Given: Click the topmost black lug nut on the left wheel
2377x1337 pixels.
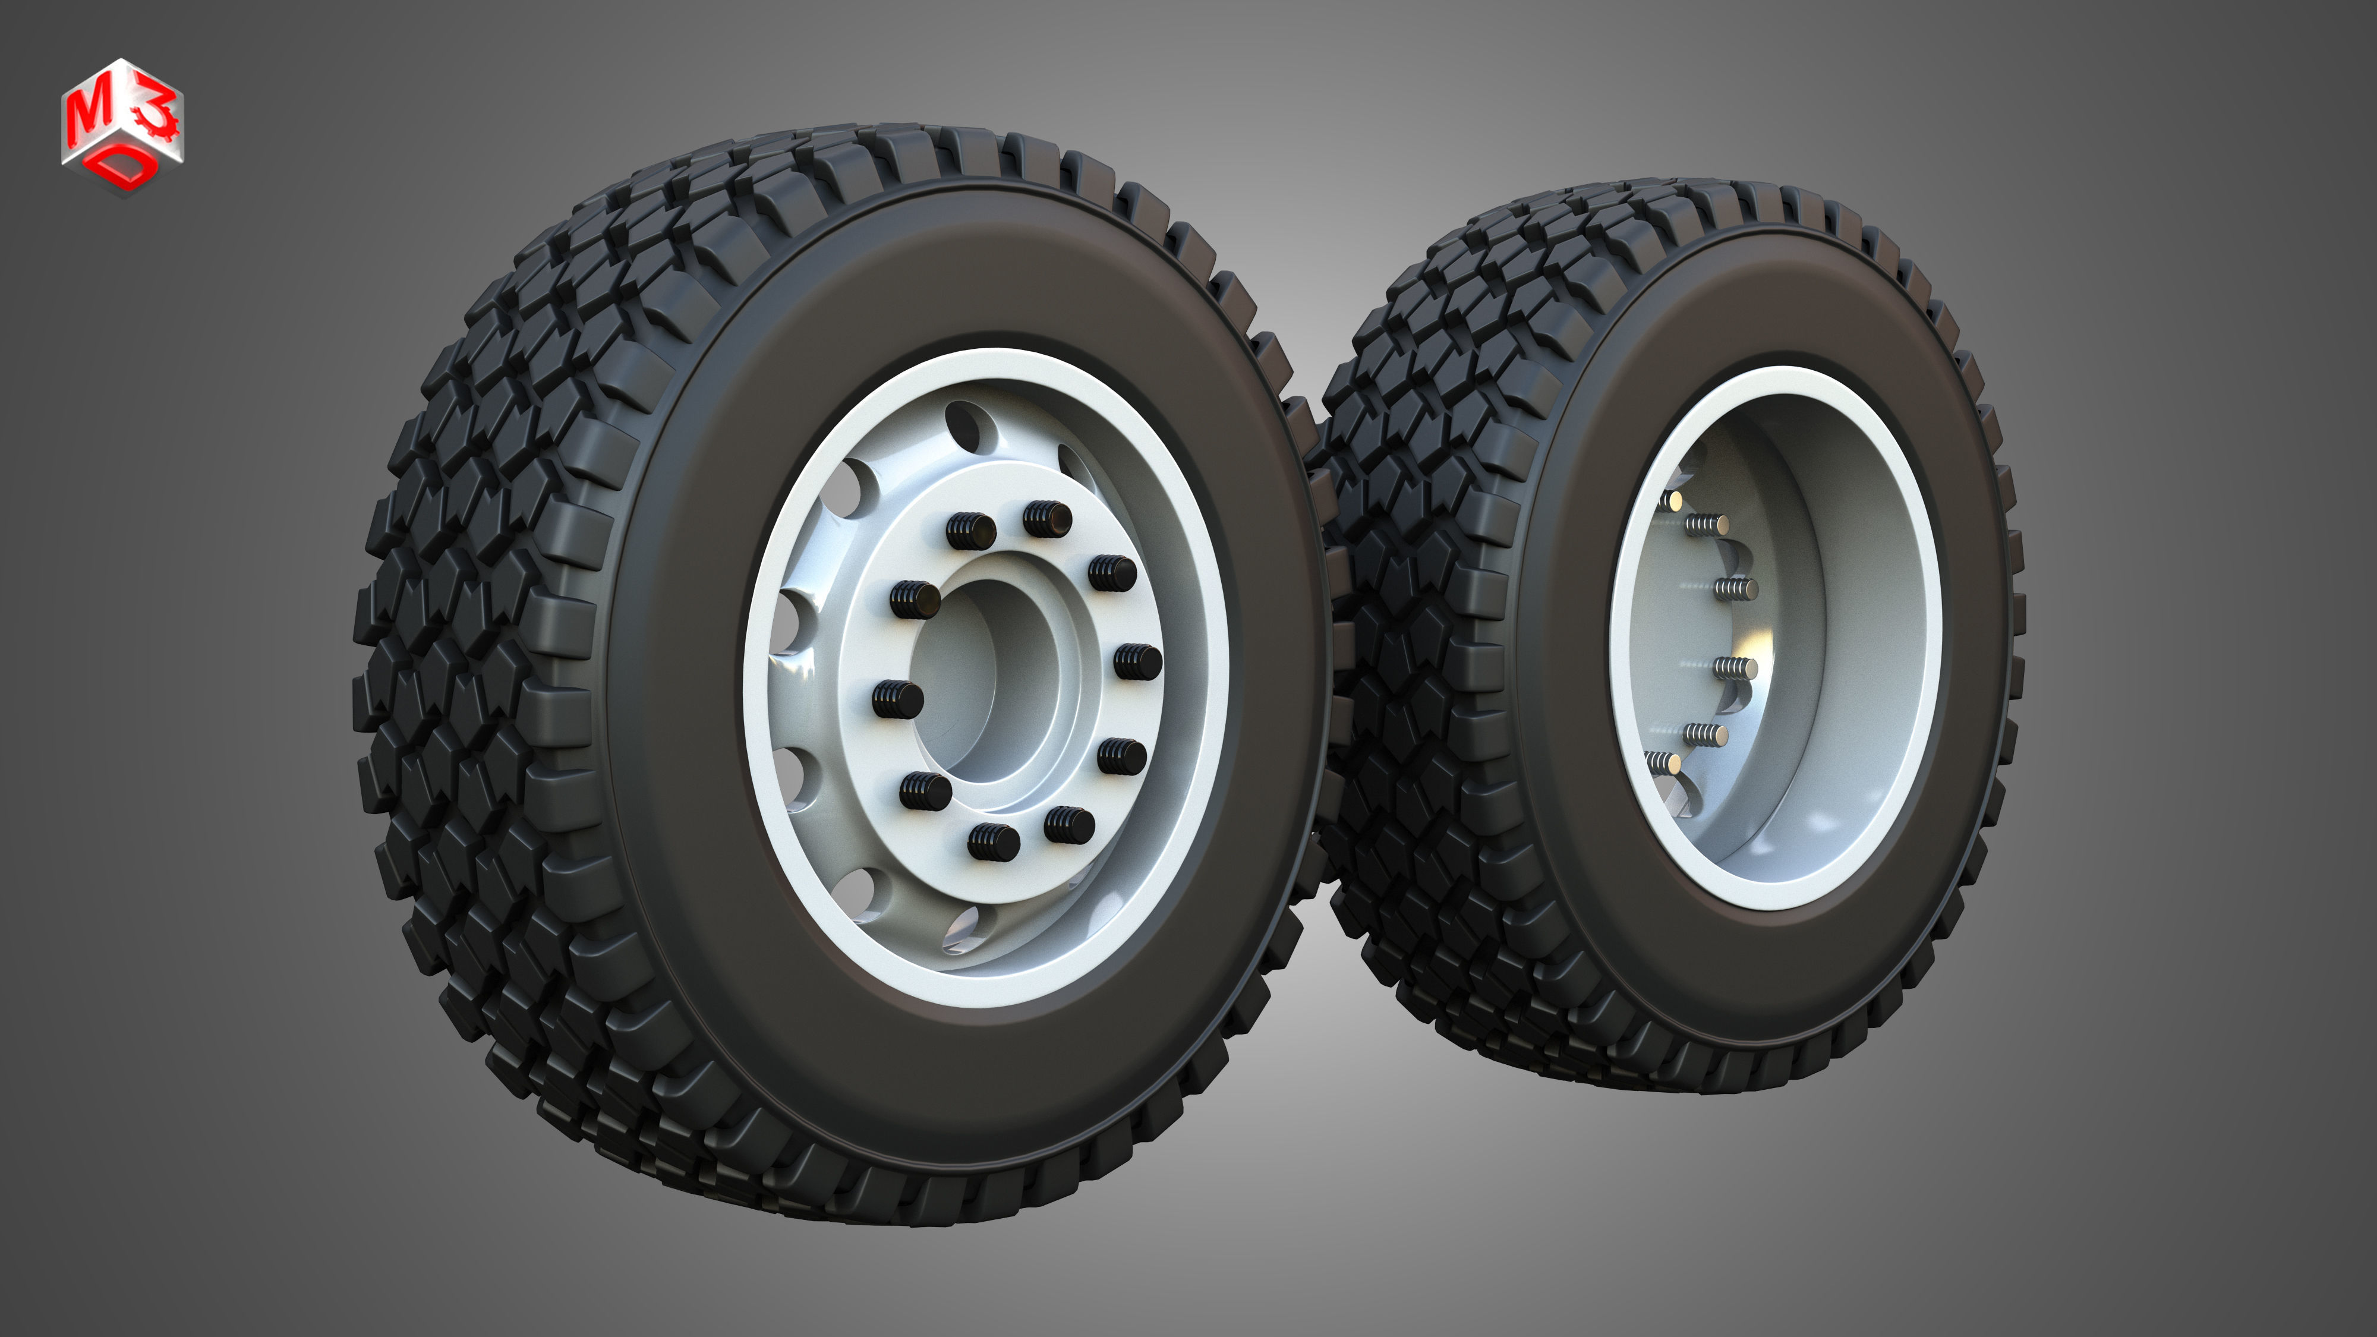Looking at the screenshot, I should (x=1046, y=519).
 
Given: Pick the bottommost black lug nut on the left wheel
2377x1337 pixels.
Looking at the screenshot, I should (x=994, y=841).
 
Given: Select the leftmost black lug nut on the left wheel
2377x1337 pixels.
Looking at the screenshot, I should (x=897, y=698).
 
